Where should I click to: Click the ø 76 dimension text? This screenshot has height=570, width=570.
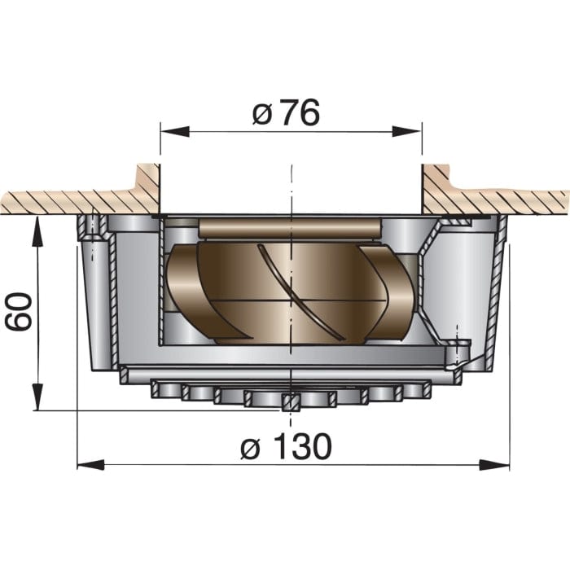pos(286,114)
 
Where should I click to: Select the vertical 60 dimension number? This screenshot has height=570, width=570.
pos(19,308)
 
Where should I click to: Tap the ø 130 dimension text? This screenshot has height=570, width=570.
pos(287,446)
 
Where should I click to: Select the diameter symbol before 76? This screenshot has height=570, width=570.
pos(261,115)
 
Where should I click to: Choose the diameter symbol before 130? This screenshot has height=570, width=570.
pos(254,447)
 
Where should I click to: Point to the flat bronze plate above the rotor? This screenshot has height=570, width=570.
pos(289,229)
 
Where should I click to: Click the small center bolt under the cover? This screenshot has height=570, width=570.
pos(287,401)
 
